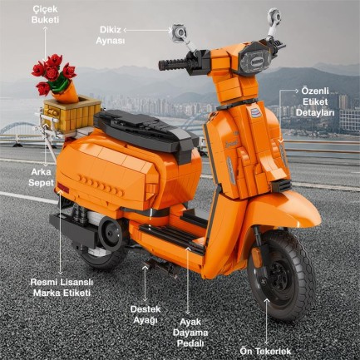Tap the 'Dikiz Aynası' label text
point(111,33)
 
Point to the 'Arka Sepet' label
point(35,175)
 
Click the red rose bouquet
point(54,72)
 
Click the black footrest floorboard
point(179,237)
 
